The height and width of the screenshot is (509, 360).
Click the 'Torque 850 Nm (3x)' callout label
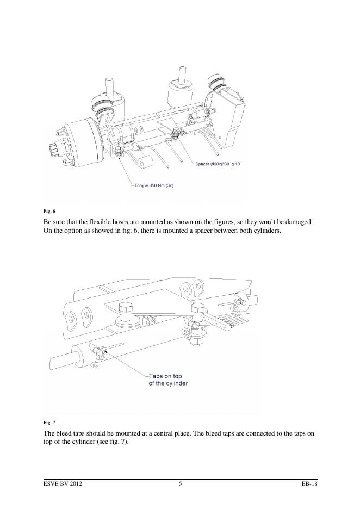154,185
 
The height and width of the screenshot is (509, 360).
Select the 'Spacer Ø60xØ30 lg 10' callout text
218,164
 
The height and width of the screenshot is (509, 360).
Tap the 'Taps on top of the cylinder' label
169,379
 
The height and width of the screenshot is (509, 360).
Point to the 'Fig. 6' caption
49,210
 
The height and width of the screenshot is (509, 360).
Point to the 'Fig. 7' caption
49,422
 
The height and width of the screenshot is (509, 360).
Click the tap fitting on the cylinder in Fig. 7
97,353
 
